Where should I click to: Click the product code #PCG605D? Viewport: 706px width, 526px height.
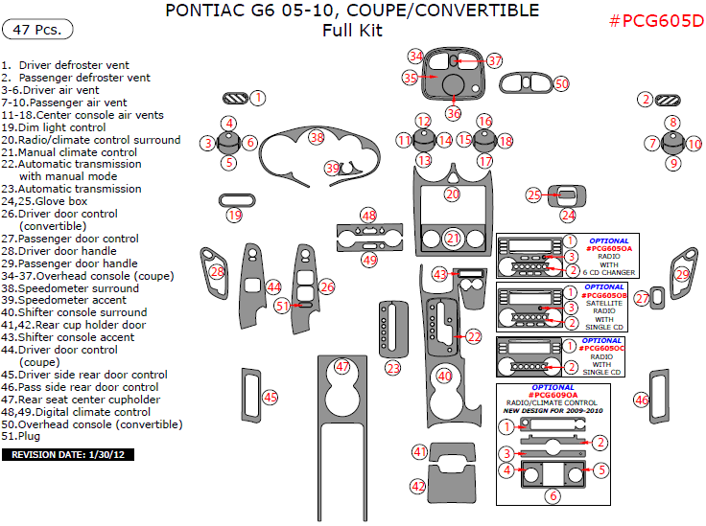tap(656, 21)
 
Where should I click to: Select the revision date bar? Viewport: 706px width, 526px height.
tap(68, 454)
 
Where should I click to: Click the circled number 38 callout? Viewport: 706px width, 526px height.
tap(317, 138)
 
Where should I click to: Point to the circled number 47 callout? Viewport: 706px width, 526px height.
tap(342, 366)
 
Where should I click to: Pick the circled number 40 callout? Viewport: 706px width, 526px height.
tap(444, 377)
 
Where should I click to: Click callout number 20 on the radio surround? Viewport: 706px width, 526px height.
tap(452, 194)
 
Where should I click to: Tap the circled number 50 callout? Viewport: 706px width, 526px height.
tap(561, 84)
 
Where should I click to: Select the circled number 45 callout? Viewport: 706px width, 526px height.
tap(271, 397)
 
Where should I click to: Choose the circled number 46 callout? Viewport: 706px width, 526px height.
tap(642, 400)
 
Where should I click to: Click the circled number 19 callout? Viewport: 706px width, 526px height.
tap(234, 217)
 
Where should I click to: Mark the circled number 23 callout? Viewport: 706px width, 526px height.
tap(392, 368)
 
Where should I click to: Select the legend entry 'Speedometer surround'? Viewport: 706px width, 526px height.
tap(69, 287)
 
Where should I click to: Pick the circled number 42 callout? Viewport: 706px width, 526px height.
tap(418, 487)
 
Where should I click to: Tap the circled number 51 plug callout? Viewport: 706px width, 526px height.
tap(282, 306)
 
